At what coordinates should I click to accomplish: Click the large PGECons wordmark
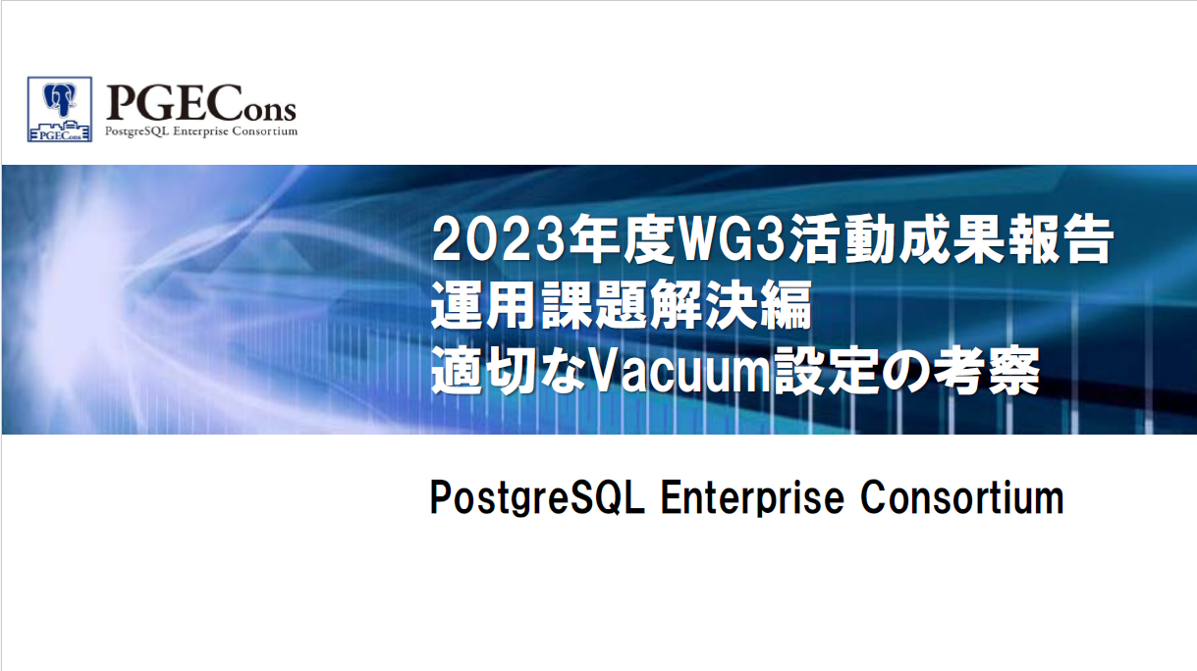point(201,104)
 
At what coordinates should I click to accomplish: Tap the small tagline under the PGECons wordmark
point(201,131)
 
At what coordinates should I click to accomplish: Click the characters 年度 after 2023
point(620,240)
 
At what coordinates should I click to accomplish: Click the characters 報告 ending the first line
point(1059,240)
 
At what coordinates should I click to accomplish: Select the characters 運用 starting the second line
point(485,306)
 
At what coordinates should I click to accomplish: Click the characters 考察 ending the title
point(987,371)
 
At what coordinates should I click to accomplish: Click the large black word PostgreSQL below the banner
point(537,498)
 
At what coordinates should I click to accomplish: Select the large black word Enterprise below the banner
point(752,498)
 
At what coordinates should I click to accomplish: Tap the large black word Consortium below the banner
point(962,497)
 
